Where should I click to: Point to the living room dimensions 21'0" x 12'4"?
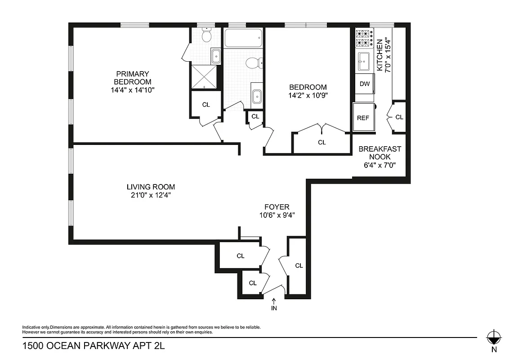(x=150, y=195)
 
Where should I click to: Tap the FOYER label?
(x=277, y=207)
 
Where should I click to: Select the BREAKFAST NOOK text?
(x=380, y=153)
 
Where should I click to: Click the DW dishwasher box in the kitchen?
(x=365, y=84)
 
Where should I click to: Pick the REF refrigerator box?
(x=363, y=118)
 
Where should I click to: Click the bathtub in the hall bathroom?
(x=243, y=38)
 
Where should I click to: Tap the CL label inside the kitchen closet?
(x=399, y=117)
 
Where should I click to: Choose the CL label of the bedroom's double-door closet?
(x=321, y=142)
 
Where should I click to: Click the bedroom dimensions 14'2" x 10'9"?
(x=308, y=95)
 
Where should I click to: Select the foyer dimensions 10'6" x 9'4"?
(x=277, y=215)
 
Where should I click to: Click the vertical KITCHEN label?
(x=380, y=55)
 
